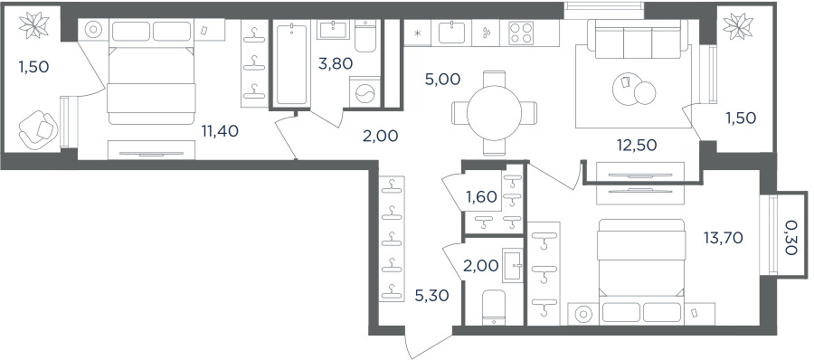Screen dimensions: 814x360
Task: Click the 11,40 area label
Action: click(220, 131)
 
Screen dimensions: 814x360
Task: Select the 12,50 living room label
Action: click(637, 145)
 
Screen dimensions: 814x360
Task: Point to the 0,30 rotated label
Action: click(790, 237)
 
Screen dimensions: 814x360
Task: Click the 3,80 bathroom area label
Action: click(336, 64)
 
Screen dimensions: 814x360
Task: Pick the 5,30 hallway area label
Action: click(431, 296)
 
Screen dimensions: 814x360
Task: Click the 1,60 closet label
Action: click(481, 196)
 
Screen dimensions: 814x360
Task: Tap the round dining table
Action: click(494, 113)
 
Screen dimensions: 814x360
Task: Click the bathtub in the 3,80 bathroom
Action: click(292, 64)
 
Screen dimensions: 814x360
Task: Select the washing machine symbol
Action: click(364, 92)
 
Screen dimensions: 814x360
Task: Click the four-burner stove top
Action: click(521, 33)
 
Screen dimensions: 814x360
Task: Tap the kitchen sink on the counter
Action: click(451, 33)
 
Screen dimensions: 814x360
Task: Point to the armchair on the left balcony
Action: click(38, 130)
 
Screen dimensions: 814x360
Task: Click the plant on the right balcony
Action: click(738, 25)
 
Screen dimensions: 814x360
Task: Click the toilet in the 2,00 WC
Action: click(493, 307)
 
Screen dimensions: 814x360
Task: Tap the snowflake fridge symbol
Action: click(417, 33)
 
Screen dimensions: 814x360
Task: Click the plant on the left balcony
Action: click(33, 24)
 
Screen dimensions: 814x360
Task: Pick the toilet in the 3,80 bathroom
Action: click(367, 36)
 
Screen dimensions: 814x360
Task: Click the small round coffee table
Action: click(645, 92)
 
